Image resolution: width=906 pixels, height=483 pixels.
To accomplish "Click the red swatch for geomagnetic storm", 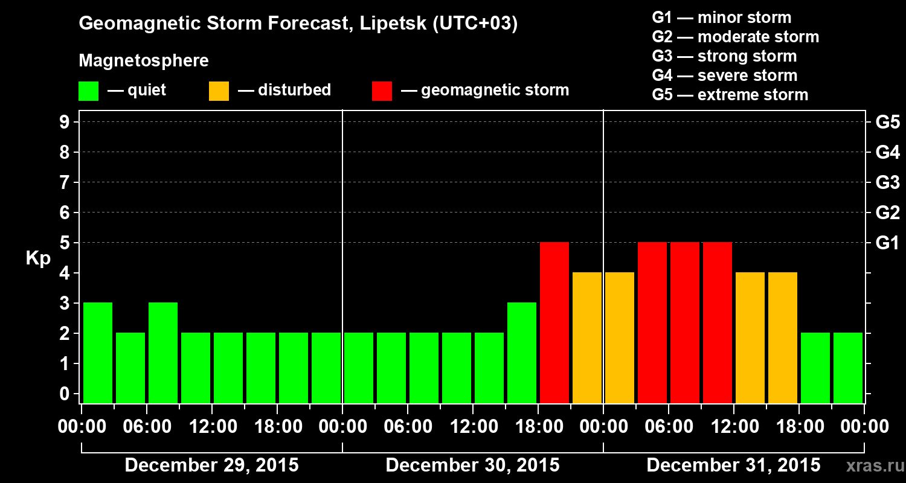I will [x=382, y=91].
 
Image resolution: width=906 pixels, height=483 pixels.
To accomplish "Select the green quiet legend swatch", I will [x=88, y=91].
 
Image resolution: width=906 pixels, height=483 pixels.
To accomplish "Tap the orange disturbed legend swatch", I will [x=219, y=91].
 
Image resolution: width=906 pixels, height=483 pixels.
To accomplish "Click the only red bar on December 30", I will [x=554, y=322].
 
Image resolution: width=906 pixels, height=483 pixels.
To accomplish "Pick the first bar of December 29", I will [x=98, y=353].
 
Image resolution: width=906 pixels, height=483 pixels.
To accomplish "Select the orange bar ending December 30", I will [x=587, y=337].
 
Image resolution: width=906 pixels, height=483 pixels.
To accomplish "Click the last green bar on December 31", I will [x=848, y=368].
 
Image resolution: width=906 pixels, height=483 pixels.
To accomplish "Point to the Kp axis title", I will [x=38, y=258].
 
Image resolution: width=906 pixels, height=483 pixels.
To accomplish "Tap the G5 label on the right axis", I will [x=887, y=123].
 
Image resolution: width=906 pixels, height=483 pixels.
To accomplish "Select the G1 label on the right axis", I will [x=887, y=243].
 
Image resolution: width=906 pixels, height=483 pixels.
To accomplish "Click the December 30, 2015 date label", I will [x=472, y=465].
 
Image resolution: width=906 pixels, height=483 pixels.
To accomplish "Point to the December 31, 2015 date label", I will [x=733, y=465].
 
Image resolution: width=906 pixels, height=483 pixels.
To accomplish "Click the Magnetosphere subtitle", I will [x=144, y=61].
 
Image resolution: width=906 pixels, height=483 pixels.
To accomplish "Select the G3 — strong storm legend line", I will [x=724, y=56].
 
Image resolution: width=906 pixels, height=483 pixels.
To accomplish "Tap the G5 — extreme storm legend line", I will [x=730, y=95].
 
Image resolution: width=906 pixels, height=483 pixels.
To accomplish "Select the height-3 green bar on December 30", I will [x=522, y=353].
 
